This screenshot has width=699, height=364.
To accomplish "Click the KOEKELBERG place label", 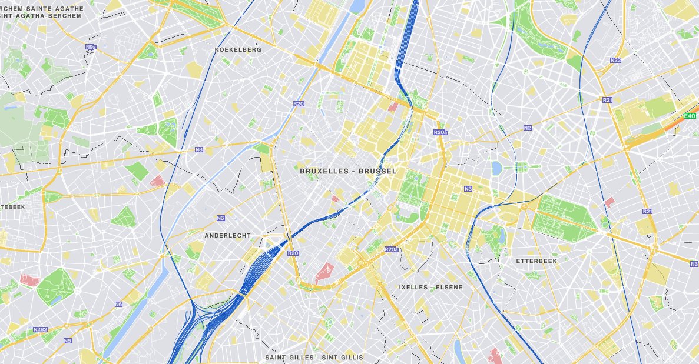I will pyautogui.click(x=238, y=50).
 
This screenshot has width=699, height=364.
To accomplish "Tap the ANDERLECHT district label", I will pyautogui.click(x=227, y=235).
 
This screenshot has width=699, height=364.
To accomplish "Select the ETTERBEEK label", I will pyautogui.click(x=536, y=261).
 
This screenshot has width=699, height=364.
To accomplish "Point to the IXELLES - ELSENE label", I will pyautogui.click(x=430, y=288).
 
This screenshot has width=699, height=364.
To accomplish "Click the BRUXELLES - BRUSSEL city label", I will pyautogui.click(x=348, y=171).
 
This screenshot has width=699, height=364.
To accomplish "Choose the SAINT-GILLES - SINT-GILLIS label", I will pyautogui.click(x=314, y=358).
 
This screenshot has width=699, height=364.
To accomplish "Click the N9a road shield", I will pyautogui.click(x=90, y=46).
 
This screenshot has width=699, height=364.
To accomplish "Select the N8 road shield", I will pyautogui.click(x=198, y=150).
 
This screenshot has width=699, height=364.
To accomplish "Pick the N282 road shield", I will pyautogui.click(x=41, y=329).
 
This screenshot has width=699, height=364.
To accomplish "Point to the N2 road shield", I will pyautogui.click(x=527, y=128).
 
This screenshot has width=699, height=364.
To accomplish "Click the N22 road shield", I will pyautogui.click(x=615, y=60).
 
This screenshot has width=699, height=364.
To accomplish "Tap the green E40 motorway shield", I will pyautogui.click(x=690, y=116).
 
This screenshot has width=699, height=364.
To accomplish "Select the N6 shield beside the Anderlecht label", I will pyautogui.click(x=220, y=218).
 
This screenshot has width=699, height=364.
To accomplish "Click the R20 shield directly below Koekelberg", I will pyautogui.click(x=298, y=103).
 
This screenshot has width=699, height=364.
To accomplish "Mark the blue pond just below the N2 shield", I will pyautogui.click(x=496, y=168).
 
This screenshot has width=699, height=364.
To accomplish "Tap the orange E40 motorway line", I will pyautogui.click(x=660, y=133).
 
